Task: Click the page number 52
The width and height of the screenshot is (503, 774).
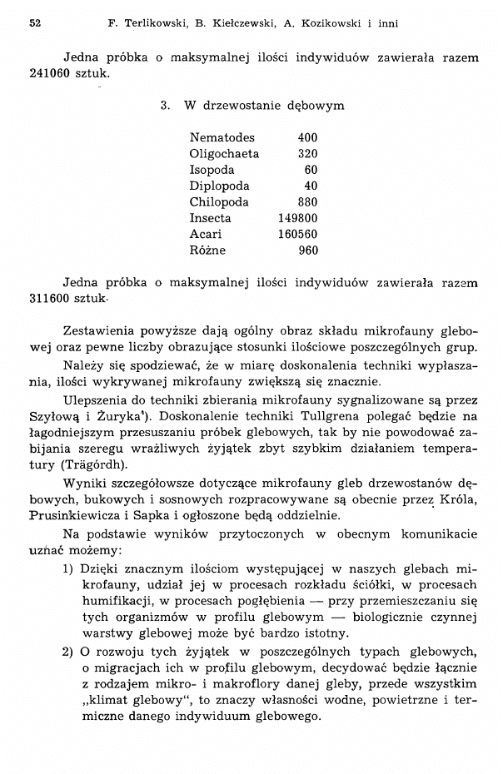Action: (x=35, y=23)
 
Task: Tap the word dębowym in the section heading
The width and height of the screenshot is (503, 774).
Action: (x=314, y=107)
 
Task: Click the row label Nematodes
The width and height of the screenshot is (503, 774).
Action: (x=222, y=137)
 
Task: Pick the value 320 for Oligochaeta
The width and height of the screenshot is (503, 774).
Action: (x=307, y=154)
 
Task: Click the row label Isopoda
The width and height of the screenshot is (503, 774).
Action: (x=212, y=170)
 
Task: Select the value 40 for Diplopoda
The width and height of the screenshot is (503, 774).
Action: (x=311, y=186)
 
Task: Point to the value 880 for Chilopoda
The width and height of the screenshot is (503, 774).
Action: (x=307, y=202)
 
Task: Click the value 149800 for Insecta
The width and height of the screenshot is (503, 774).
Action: (x=298, y=218)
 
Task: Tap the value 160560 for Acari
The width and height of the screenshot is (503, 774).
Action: (x=298, y=234)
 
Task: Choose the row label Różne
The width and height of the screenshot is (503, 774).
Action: (x=207, y=250)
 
